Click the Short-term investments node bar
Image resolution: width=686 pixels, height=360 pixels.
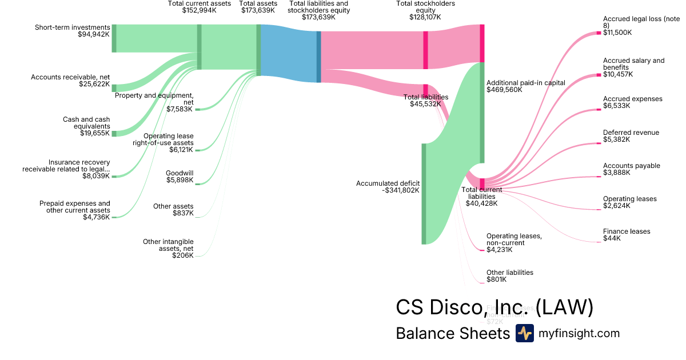pos(114,38)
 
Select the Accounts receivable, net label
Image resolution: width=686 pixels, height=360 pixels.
pos(70,77)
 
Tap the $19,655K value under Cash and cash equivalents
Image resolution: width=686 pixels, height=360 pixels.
pos(94,134)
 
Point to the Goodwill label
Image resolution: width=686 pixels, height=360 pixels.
pos(180,173)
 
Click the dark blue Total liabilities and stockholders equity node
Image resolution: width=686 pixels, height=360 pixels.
pos(318,57)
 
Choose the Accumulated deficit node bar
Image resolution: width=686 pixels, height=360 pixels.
pos(424,194)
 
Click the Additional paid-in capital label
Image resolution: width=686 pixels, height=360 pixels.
pos(525,83)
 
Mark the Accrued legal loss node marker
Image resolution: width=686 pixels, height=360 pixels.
pos(599,33)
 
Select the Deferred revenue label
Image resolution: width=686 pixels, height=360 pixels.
pos(631,133)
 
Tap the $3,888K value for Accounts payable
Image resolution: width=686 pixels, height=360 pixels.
pos(616,173)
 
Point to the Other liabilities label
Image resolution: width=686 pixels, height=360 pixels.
pos(509,273)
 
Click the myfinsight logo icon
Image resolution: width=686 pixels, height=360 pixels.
pos(524,333)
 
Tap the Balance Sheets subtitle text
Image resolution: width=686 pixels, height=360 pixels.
pos(452,333)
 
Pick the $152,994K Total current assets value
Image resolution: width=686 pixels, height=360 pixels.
pos(199,10)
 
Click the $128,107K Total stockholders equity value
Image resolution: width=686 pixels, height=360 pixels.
pos(426,17)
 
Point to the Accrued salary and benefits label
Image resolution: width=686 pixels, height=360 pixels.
pos(633,63)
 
